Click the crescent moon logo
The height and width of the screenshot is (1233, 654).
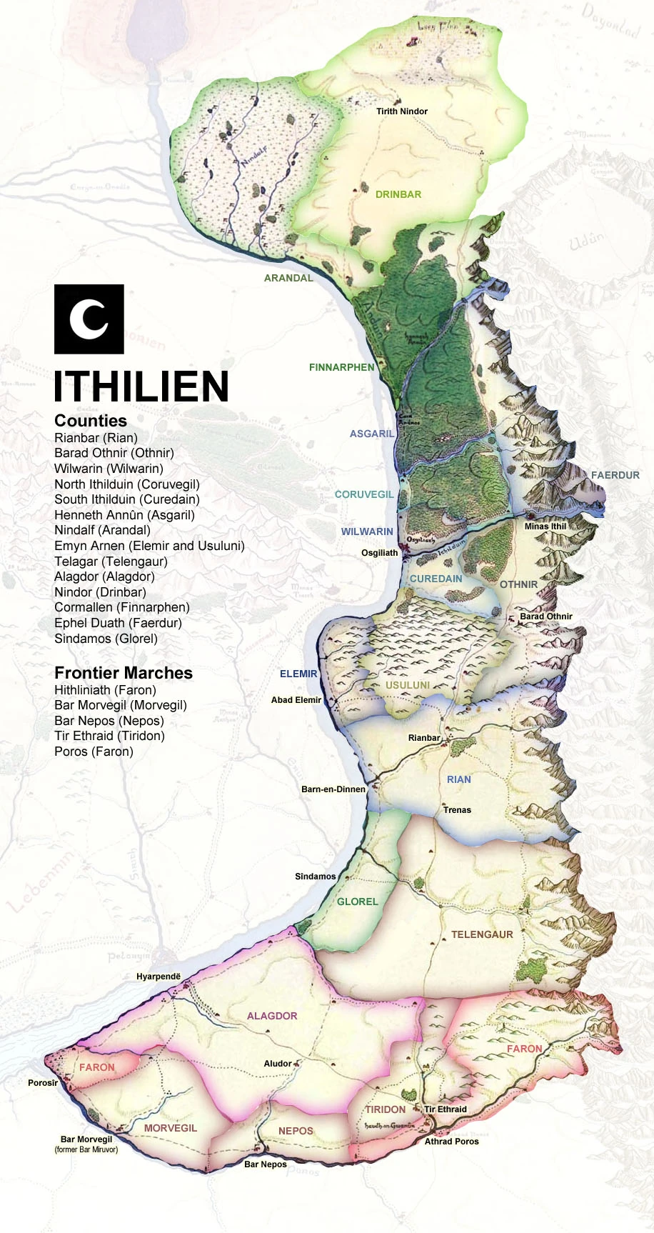[89, 319]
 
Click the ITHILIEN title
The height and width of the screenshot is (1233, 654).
[141, 386]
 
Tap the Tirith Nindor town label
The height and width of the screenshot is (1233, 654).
[402, 111]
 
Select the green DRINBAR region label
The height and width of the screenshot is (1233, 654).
[398, 194]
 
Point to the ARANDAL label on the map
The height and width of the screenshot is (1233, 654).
[288, 278]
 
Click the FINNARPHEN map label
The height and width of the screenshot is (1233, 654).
[341, 367]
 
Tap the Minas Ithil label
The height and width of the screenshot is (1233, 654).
[545, 526]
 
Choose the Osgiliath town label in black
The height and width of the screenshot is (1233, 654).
[379, 553]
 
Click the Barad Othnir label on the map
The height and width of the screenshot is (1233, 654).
[546, 616]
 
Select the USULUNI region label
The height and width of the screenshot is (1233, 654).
[408, 685]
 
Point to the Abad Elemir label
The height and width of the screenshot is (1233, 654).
[296, 700]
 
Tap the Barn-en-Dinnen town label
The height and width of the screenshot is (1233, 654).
[333, 789]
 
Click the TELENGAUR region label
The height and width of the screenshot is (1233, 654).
[482, 934]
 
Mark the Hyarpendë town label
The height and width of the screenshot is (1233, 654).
[159, 977]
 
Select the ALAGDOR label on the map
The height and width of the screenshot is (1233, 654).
[272, 1016]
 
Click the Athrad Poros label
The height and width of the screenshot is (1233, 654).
[452, 1142]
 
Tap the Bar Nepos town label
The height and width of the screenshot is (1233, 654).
[266, 1164]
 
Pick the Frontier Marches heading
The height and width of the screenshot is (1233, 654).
[124, 673]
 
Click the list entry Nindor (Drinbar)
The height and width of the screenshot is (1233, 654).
[100, 592]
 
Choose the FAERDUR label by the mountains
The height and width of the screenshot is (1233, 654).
[615, 475]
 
